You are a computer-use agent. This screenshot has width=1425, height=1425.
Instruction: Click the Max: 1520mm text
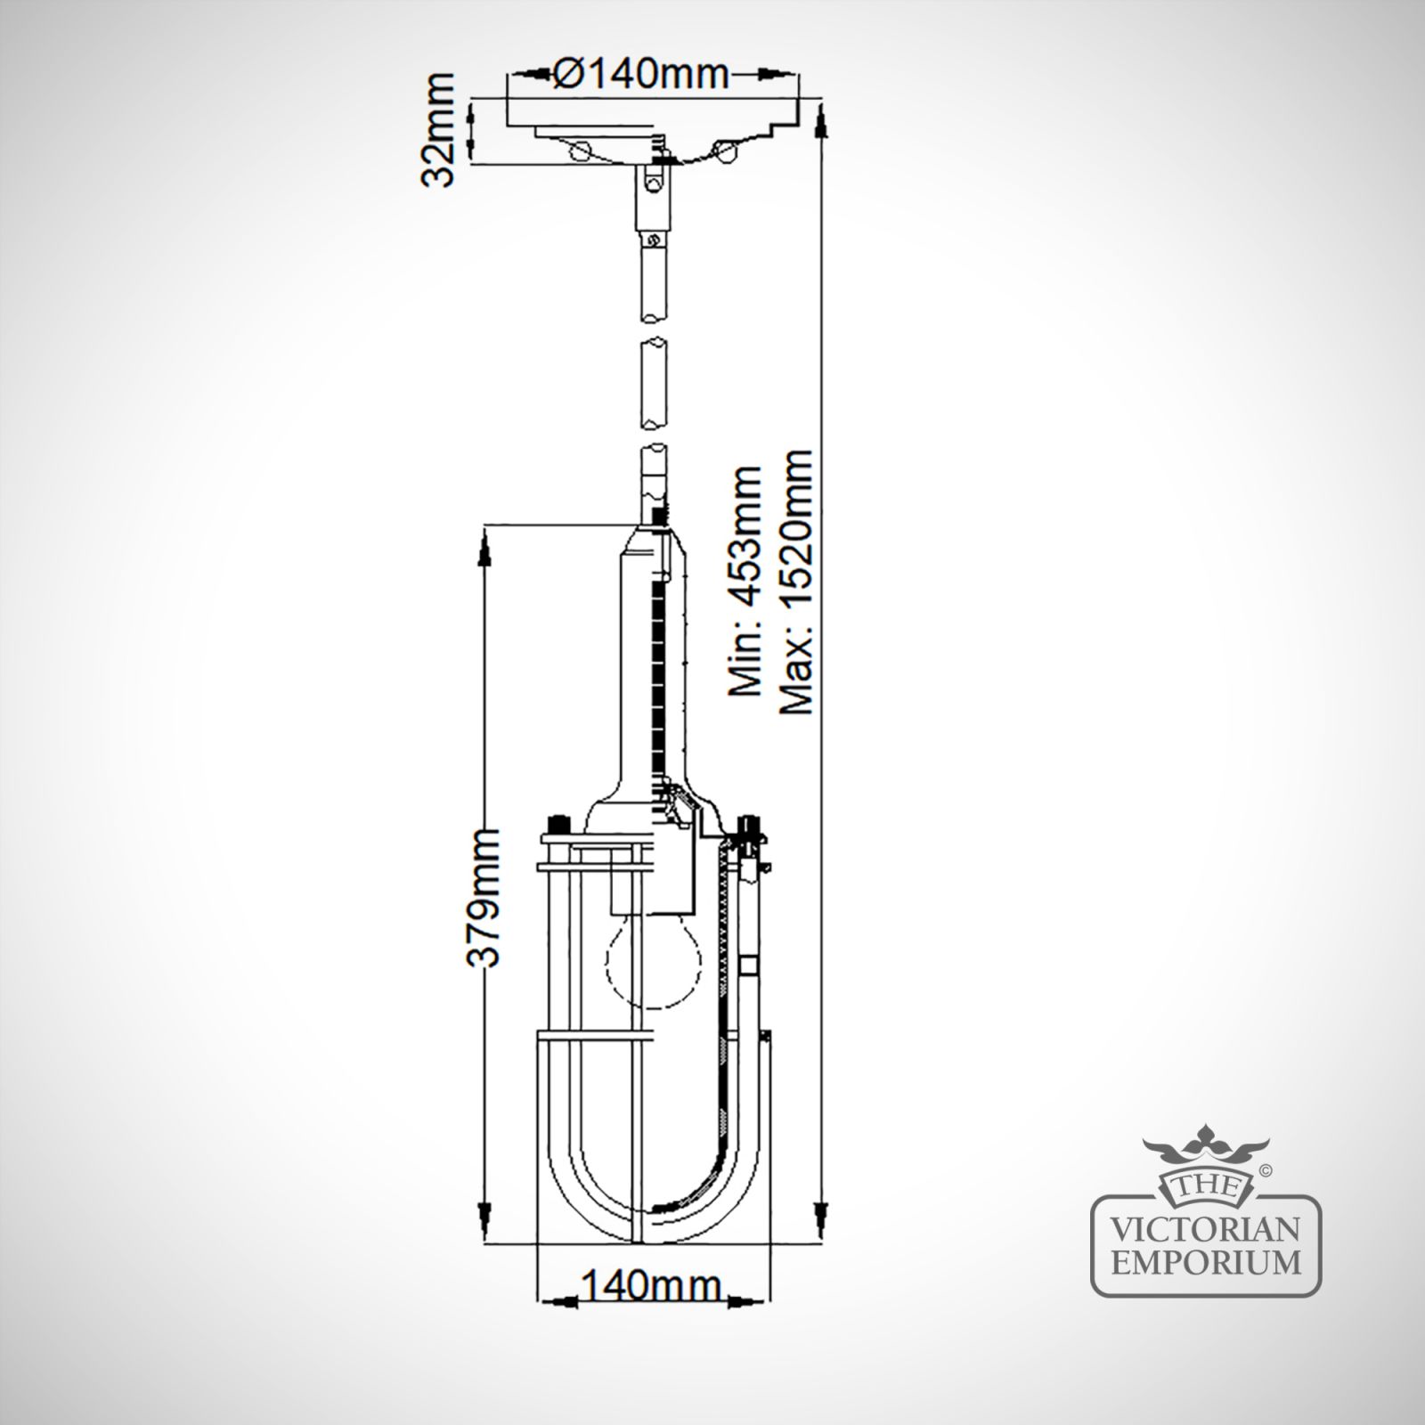[x=795, y=582]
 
